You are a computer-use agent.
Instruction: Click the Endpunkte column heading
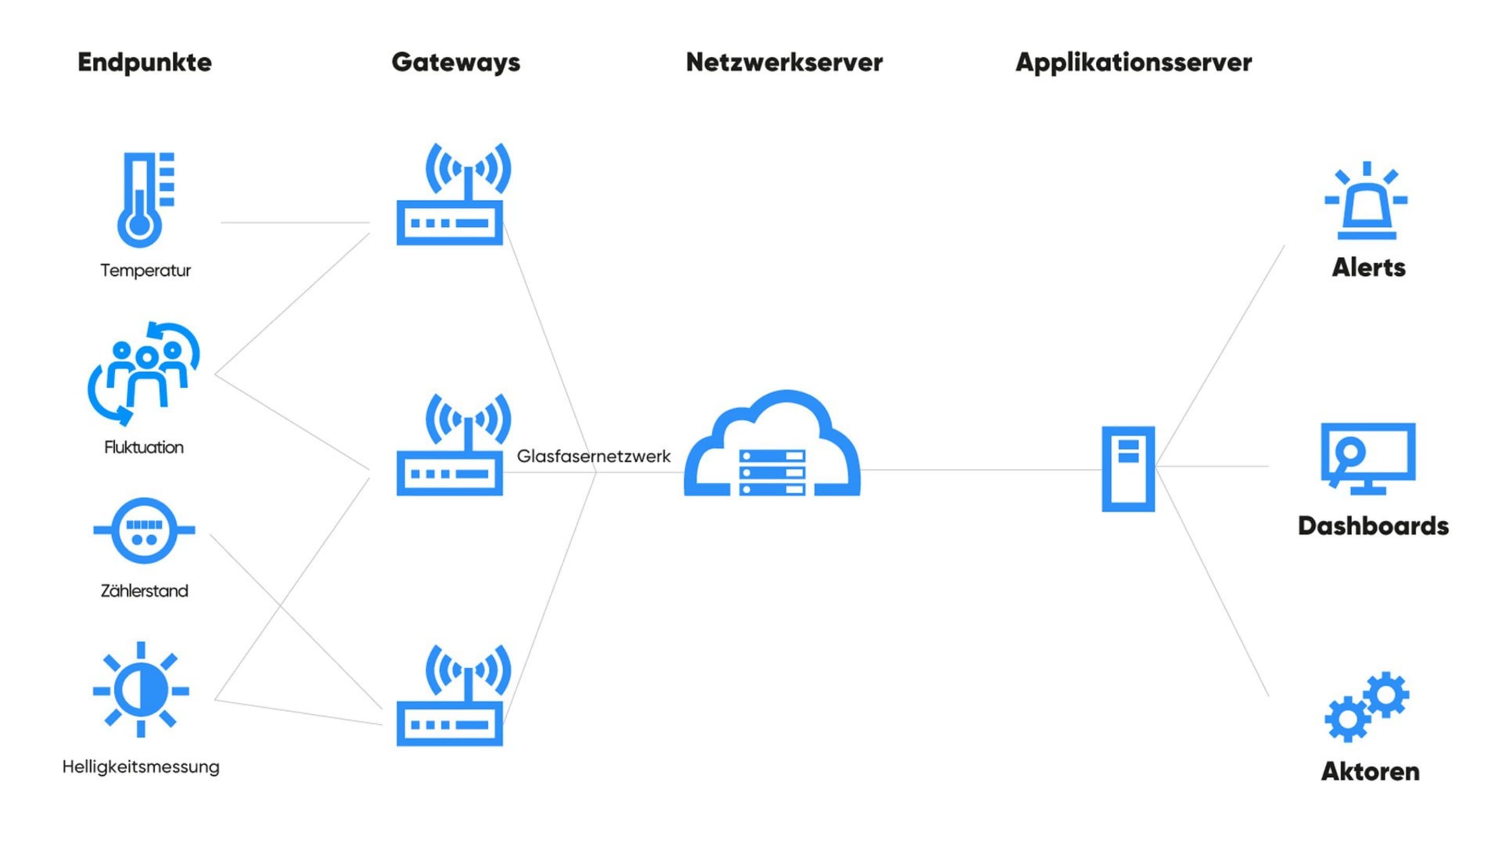tap(144, 63)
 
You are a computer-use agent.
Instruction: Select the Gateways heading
tap(455, 63)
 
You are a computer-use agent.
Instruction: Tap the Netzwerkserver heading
tap(784, 63)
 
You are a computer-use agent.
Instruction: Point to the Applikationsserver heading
tap(1133, 63)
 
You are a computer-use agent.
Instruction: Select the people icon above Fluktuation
tap(144, 373)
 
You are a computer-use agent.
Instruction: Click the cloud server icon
tap(772, 449)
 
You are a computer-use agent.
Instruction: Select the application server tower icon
tap(1128, 469)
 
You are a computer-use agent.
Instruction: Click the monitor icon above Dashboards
tap(1368, 458)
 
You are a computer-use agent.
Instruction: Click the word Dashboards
tap(1373, 526)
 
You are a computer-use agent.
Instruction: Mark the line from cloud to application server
tap(979, 470)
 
